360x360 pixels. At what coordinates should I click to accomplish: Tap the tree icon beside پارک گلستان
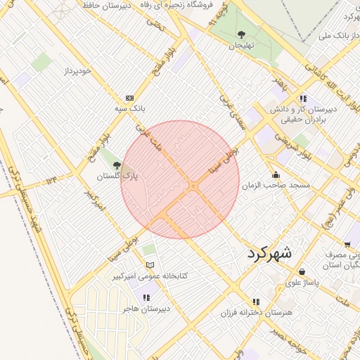click(107, 165)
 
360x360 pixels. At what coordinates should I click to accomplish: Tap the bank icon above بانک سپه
click(129, 98)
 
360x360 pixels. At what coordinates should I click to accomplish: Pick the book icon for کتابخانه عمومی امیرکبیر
click(149, 265)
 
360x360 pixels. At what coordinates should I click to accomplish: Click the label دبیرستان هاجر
click(143, 308)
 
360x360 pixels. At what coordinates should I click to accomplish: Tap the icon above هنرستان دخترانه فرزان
click(256, 301)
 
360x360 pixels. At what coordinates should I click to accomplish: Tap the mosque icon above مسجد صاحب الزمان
click(276, 175)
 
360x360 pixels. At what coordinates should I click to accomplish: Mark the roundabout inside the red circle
click(193, 186)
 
